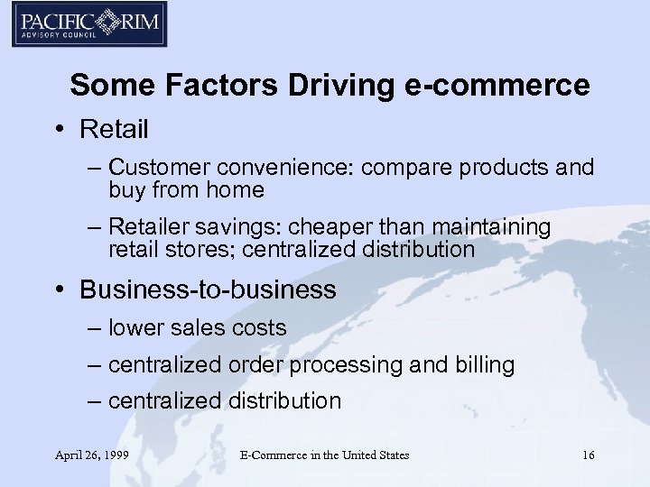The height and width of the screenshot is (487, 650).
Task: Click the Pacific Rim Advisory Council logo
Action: [x=88, y=25]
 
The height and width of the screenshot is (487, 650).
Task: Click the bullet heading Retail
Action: [x=114, y=130]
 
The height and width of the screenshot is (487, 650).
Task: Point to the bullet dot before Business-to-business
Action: [x=59, y=290]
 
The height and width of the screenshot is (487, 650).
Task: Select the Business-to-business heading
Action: [x=208, y=289]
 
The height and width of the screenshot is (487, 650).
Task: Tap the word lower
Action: [x=136, y=328]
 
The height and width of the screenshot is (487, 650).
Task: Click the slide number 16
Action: [x=588, y=455]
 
